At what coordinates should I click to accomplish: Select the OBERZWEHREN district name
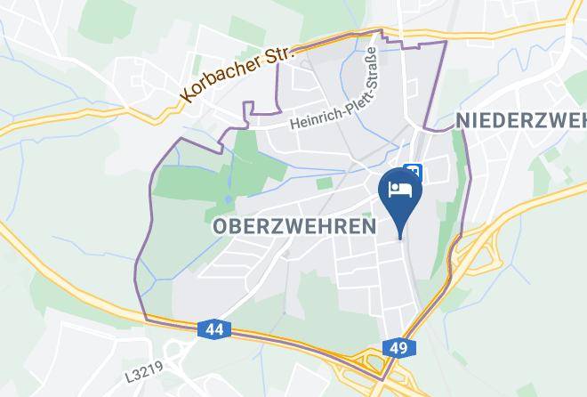pos(293,227)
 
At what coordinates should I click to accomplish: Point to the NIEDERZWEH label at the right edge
pos(519,119)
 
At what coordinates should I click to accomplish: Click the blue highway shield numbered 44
pos(213,330)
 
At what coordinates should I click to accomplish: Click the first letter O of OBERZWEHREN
pos(221,227)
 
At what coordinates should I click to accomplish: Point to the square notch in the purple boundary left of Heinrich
pos(258,109)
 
